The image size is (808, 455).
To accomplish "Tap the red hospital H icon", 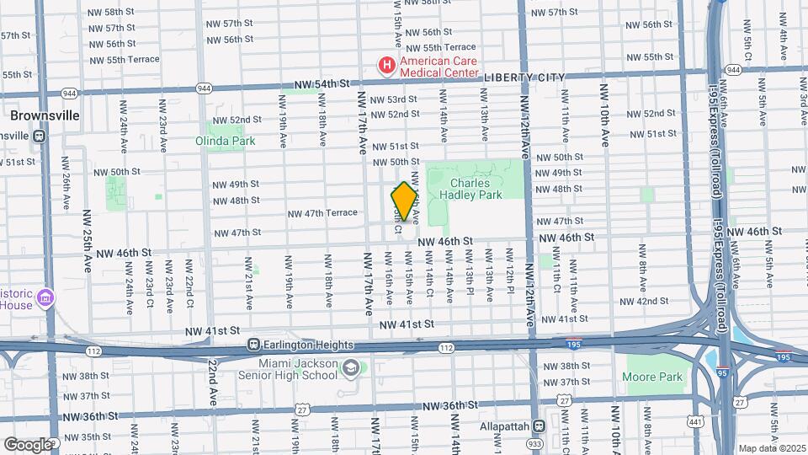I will point(386,65).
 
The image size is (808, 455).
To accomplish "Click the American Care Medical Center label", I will point(438,67).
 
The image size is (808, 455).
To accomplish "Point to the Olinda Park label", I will point(226,141).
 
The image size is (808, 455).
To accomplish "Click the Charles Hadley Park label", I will point(476,189).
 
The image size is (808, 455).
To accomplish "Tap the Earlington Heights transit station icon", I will point(252,345).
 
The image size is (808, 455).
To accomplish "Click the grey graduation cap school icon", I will point(350,368).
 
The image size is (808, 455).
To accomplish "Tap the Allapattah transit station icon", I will point(539,426).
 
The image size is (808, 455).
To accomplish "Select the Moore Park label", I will point(654,377).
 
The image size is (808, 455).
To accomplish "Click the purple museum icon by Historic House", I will point(46,298).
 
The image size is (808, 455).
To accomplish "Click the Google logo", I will point(28,444).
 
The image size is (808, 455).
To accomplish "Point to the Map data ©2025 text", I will point(771,448).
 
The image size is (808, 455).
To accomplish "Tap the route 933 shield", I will point(534,442).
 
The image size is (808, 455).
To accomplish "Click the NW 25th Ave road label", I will point(87,241).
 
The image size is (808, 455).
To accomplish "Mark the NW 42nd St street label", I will point(652,301).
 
